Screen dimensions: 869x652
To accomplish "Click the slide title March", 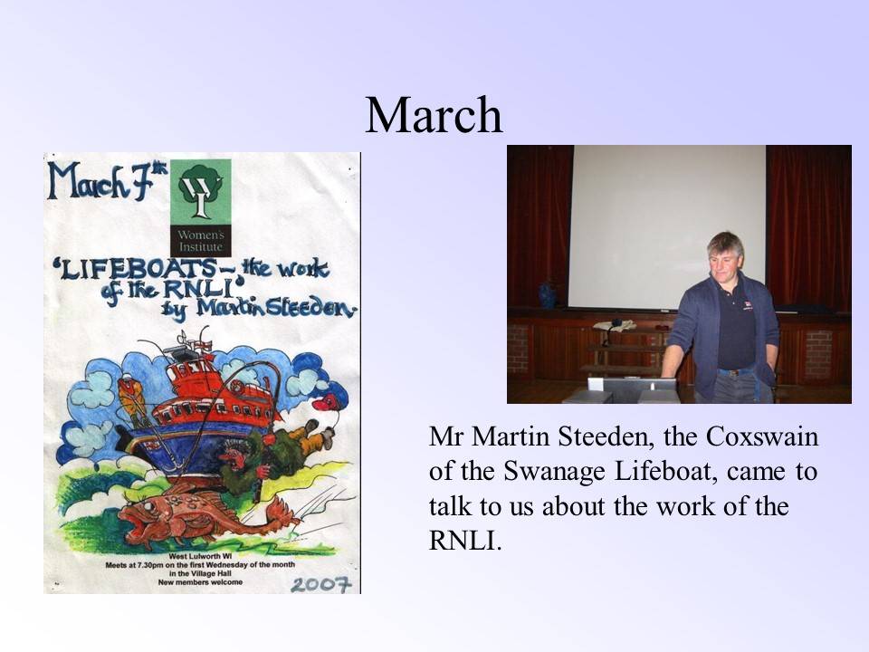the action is pyautogui.click(x=434, y=114).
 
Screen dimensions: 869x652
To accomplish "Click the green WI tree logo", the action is pyautogui.click(x=201, y=192).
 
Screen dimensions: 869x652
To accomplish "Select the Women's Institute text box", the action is pyautogui.click(x=201, y=241).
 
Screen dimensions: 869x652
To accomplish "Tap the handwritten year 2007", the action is pyautogui.click(x=321, y=584).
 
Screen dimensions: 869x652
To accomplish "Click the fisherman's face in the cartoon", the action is pyautogui.click(x=233, y=455).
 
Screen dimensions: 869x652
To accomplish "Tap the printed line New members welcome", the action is pyautogui.click(x=200, y=582).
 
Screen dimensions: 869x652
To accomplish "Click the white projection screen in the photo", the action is pyautogui.click(x=668, y=226).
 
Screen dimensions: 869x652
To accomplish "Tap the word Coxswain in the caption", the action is pyautogui.click(x=761, y=436).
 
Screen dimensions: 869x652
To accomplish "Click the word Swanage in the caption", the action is pyautogui.click(x=554, y=473).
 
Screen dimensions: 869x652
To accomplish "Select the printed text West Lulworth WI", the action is pyautogui.click(x=200, y=555).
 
